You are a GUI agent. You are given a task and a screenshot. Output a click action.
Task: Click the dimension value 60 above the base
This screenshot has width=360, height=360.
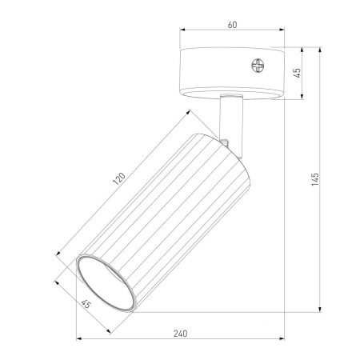click(232, 26)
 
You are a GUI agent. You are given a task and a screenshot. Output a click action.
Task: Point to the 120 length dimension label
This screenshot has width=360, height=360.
click(119, 179)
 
